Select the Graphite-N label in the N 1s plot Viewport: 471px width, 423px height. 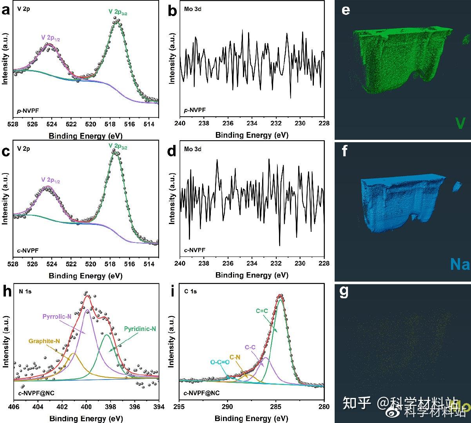pos(44,341)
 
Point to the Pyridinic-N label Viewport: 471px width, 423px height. pos(140,329)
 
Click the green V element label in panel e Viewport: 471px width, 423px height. pos(460,123)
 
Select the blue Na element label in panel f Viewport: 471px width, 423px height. pos(460,264)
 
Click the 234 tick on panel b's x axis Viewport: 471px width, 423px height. pos(252,125)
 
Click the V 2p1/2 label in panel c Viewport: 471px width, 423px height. pos(51,180)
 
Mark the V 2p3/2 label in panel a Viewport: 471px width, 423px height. pos(118,13)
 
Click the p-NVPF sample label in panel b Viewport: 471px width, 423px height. pos(195,110)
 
